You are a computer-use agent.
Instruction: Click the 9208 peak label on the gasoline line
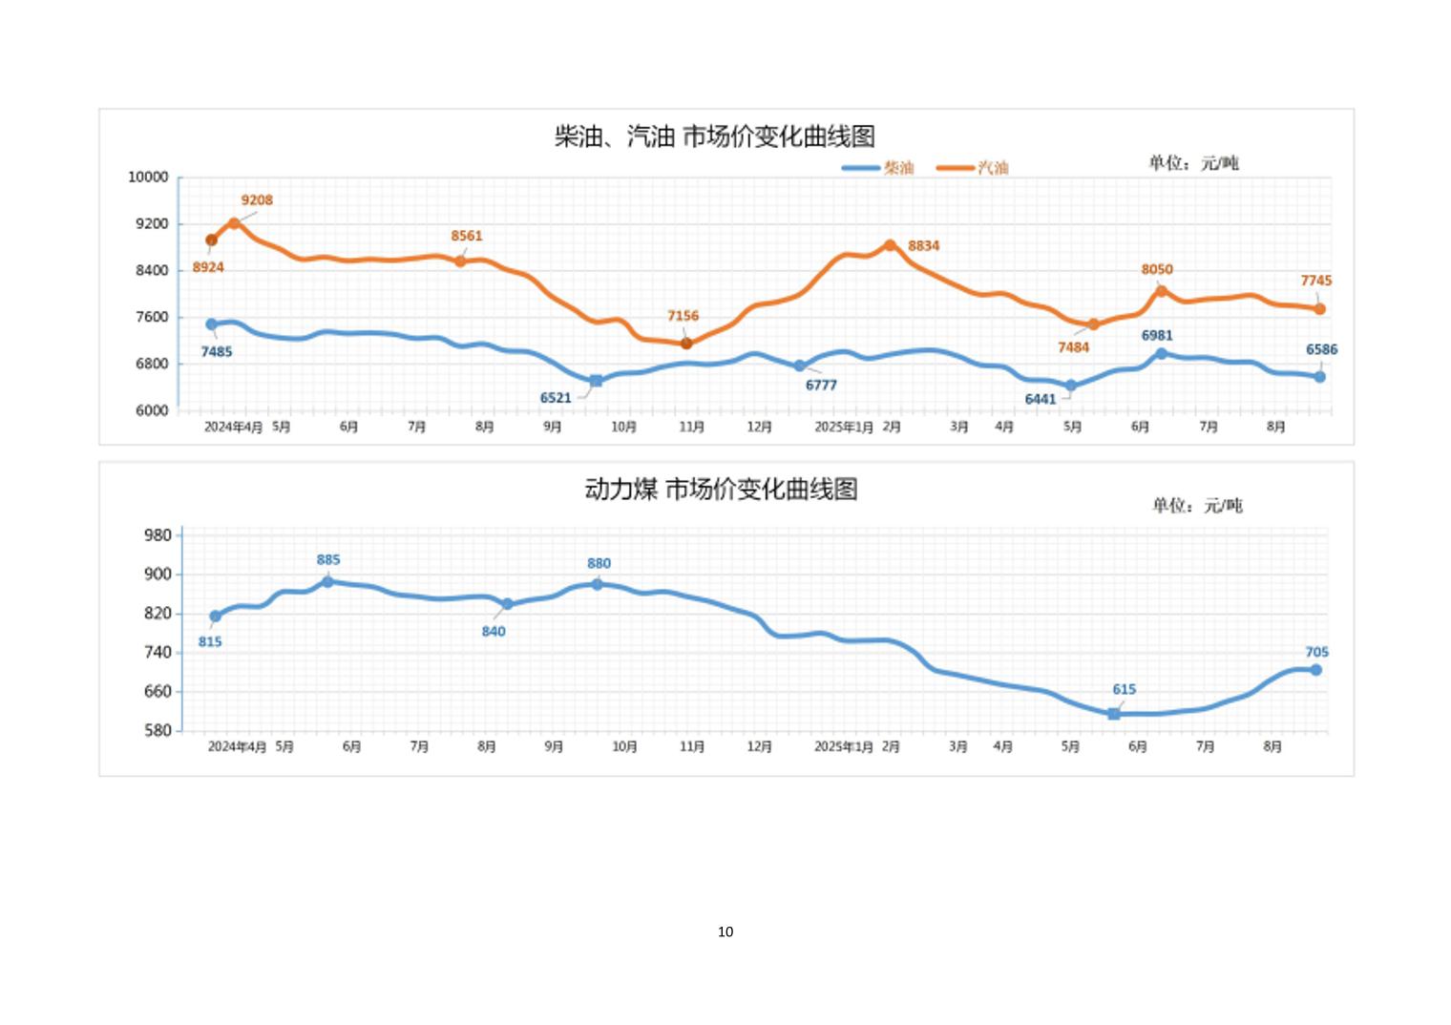(x=257, y=200)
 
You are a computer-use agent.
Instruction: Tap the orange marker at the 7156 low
(x=686, y=344)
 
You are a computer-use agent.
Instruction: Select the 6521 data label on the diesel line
(x=556, y=398)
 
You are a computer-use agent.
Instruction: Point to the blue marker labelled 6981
(x=1162, y=354)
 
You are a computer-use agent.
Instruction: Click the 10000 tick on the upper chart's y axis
(x=148, y=178)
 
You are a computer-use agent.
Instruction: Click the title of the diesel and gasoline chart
(x=715, y=136)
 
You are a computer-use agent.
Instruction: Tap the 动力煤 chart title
(x=721, y=490)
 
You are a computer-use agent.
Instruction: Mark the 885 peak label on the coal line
(x=328, y=560)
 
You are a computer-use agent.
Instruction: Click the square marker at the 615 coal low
(x=1113, y=714)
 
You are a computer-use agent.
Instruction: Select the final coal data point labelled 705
(x=1315, y=670)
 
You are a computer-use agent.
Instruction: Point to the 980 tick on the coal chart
(x=158, y=535)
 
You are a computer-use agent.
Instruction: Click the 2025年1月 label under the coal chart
(x=843, y=746)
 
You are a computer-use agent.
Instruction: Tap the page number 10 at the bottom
(x=725, y=931)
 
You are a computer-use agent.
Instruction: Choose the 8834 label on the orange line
(x=923, y=246)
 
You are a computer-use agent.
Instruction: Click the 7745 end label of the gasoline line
(x=1315, y=281)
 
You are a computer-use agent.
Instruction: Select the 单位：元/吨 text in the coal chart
(x=1197, y=506)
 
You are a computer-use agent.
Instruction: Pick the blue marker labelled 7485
(x=211, y=324)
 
